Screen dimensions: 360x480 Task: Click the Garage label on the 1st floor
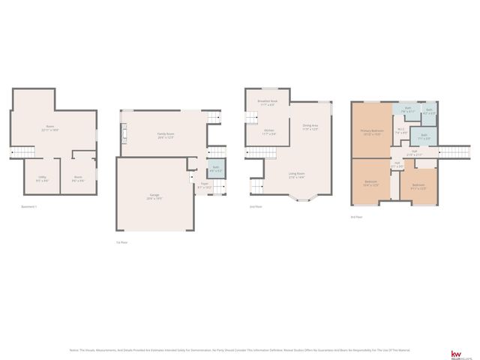pyautogui.click(x=154, y=196)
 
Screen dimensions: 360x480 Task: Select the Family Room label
pyautogui.click(x=166, y=135)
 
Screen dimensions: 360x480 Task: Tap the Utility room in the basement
pyautogui.click(x=43, y=178)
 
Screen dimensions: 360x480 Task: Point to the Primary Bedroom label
pyautogui.click(x=371, y=132)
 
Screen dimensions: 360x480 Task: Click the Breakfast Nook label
pyautogui.click(x=267, y=102)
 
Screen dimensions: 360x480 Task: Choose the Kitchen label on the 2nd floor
pyautogui.click(x=269, y=131)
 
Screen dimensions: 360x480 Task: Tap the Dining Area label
pyautogui.click(x=310, y=127)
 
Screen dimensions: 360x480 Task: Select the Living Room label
pyautogui.click(x=297, y=175)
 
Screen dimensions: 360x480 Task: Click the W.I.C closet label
pyautogui.click(x=400, y=130)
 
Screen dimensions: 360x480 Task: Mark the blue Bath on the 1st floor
pyautogui.click(x=215, y=168)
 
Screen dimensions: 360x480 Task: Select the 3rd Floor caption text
pyautogui.click(x=355, y=217)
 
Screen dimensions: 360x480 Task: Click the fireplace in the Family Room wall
pyautogui.click(x=124, y=135)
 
